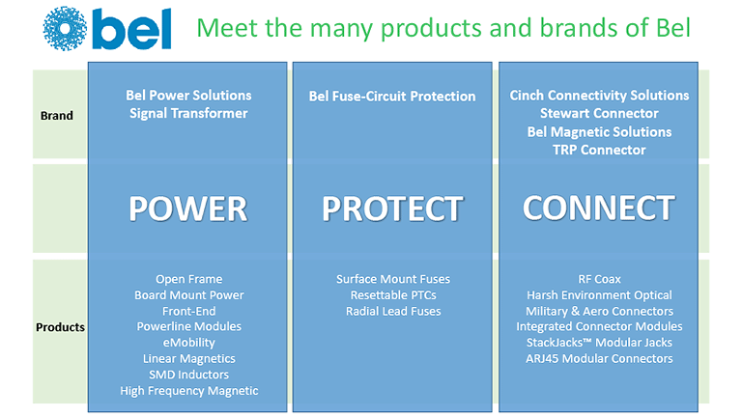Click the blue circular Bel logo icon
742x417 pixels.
click(65, 28)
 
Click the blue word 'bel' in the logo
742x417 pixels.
click(132, 29)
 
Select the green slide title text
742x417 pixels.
click(443, 28)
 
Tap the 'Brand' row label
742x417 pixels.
click(57, 116)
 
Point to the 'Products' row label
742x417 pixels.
click(60, 327)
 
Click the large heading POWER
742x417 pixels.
click(188, 208)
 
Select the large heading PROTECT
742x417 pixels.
click(393, 208)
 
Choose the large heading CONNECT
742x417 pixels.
click(599, 208)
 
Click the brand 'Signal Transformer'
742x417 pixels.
click(188, 114)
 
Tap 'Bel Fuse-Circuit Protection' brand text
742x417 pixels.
click(392, 97)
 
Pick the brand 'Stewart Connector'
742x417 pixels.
click(599, 114)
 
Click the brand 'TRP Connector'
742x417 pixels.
click(599, 150)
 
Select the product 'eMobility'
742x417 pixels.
click(188, 343)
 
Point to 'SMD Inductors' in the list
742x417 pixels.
click(188, 375)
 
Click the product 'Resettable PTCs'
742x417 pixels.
click(393, 295)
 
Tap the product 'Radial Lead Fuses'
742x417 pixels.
click(393, 311)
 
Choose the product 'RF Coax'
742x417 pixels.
click(599, 279)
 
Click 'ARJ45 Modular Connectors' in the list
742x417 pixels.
click(599, 358)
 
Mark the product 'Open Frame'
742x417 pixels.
click(188, 279)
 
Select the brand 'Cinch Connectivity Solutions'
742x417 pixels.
click(599, 96)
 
